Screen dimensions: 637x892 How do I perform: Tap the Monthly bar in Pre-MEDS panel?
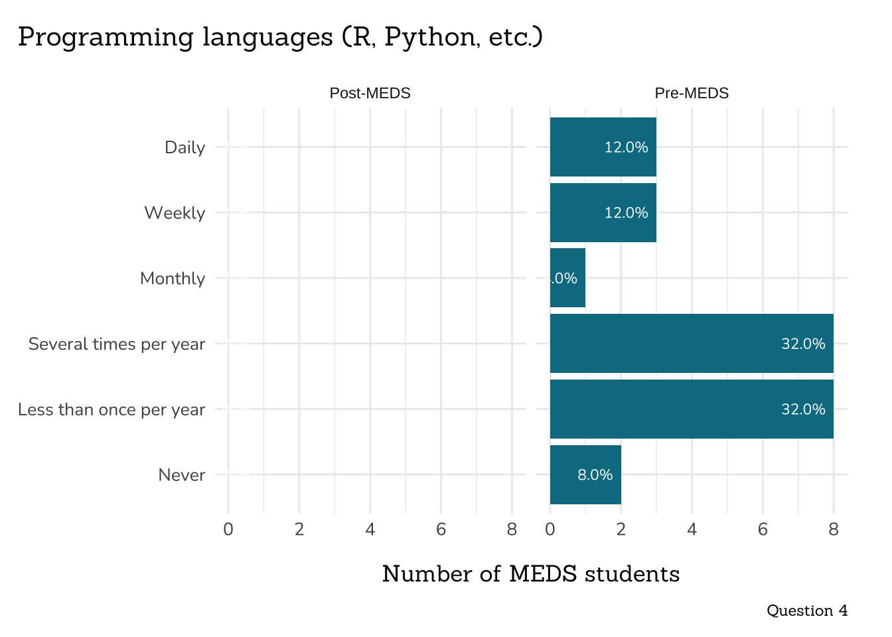[x=567, y=278]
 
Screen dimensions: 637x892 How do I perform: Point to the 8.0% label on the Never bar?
[x=595, y=475]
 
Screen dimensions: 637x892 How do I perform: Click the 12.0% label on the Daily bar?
[x=626, y=147]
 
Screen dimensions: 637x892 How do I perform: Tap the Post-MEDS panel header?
[x=370, y=94]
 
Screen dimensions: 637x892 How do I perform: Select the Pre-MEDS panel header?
[x=692, y=94]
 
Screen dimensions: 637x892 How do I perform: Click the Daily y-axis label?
[x=185, y=147]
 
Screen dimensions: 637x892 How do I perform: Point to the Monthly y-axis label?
[x=173, y=279]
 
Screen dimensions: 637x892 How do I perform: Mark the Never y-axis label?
[x=182, y=475]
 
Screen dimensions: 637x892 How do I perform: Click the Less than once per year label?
[x=111, y=410]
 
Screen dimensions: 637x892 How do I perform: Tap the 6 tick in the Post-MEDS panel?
[x=441, y=530]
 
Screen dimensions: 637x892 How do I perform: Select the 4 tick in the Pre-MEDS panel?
[x=692, y=530]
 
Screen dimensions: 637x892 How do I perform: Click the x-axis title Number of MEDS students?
[x=531, y=574]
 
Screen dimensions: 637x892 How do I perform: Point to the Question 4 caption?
[x=807, y=610]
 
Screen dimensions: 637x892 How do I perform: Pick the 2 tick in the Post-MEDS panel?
[x=299, y=530]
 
